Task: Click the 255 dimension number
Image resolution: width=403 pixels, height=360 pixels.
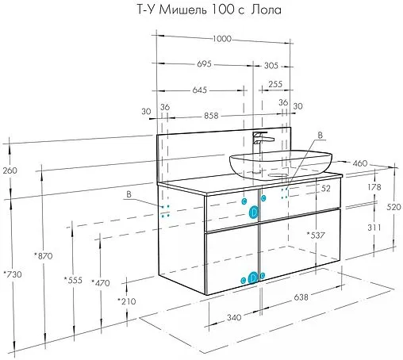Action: [x=274, y=84]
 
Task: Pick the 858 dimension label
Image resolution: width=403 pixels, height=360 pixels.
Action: [x=212, y=116]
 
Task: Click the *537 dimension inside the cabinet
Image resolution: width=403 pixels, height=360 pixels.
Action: [x=317, y=236]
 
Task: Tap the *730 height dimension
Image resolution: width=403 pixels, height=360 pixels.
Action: [x=12, y=274]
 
